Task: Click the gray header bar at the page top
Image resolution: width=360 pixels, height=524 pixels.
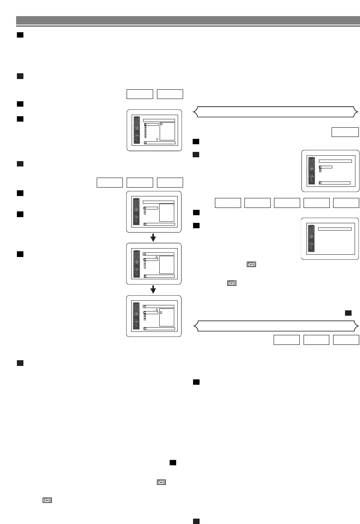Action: (x=188, y=20)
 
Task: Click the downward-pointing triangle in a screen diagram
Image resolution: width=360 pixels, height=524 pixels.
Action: (x=157, y=139)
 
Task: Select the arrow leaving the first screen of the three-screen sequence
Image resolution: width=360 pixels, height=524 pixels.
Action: (x=153, y=238)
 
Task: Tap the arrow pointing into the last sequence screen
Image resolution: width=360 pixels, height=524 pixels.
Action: (x=153, y=290)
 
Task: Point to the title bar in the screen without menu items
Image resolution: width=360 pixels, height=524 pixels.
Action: (x=335, y=229)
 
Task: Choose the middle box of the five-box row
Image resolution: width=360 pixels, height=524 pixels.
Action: (x=287, y=203)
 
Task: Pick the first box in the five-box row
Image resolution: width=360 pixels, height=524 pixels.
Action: (x=228, y=203)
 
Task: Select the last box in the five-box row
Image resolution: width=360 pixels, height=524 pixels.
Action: (x=346, y=203)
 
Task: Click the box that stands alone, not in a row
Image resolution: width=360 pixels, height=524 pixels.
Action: (x=345, y=132)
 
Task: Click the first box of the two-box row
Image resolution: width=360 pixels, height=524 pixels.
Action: (x=140, y=94)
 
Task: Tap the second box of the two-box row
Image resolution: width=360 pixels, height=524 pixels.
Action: (x=170, y=94)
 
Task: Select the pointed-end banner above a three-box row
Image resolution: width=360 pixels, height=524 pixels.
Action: (x=276, y=326)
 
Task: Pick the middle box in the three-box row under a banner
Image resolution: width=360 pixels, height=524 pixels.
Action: (x=316, y=340)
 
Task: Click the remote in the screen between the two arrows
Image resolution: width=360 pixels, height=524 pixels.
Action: (x=136, y=264)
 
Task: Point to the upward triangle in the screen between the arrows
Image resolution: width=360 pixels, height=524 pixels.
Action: (x=157, y=257)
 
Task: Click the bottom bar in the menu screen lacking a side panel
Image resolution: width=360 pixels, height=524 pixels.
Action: (x=335, y=183)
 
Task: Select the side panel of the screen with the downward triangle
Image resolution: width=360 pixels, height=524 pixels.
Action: (x=167, y=131)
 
